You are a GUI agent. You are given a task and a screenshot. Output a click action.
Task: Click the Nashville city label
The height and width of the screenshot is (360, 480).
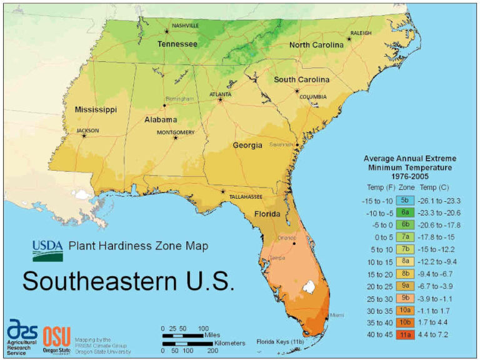coord(186,26)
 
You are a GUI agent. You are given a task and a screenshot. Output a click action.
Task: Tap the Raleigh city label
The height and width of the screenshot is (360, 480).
coord(361,32)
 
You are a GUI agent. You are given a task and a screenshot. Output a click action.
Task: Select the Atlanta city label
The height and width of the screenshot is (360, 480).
coord(220,94)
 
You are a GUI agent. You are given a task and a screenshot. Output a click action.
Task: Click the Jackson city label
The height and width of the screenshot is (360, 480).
coord(87,131)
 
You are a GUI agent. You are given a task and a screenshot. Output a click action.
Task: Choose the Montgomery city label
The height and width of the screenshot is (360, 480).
coord(174,132)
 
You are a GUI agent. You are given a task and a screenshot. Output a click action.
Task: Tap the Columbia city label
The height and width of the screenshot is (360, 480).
coord(313,97)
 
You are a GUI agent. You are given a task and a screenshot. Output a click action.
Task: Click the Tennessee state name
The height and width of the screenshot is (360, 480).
coord(177,44)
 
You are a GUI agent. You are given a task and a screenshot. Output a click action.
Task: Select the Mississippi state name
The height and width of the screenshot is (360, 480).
coord(96,109)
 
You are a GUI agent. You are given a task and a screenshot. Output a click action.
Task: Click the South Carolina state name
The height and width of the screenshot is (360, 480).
coord(301,80)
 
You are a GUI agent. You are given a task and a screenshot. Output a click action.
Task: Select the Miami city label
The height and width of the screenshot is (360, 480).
coord(337,315)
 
